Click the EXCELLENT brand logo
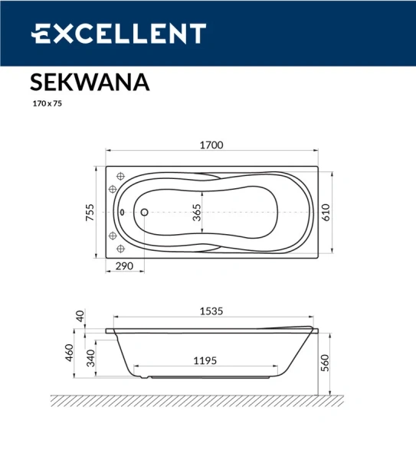click(x=119, y=34)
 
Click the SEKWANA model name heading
click(x=90, y=82)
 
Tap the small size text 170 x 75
click(x=47, y=104)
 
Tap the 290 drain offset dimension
click(x=124, y=265)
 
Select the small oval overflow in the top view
click(x=122, y=213)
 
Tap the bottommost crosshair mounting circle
click(x=119, y=249)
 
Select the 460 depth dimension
click(x=69, y=353)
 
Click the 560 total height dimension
click(x=325, y=361)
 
